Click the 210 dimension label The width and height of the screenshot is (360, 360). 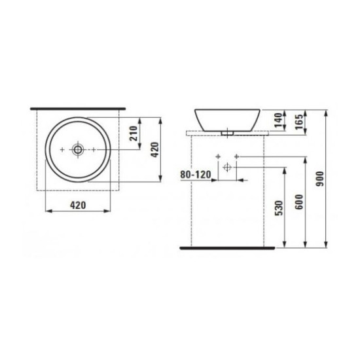click(x=134, y=134)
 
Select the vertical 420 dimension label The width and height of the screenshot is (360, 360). click(x=155, y=150)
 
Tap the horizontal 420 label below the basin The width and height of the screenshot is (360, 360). click(x=78, y=206)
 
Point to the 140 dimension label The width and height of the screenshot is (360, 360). click(x=278, y=120)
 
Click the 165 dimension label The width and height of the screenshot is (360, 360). click(x=299, y=122)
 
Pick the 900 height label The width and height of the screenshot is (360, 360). click(x=320, y=179)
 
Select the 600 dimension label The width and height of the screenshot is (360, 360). click(x=299, y=202)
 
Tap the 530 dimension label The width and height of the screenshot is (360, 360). click(x=279, y=208)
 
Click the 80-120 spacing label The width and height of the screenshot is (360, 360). click(x=196, y=175)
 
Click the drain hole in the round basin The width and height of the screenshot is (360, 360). click(x=78, y=150)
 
